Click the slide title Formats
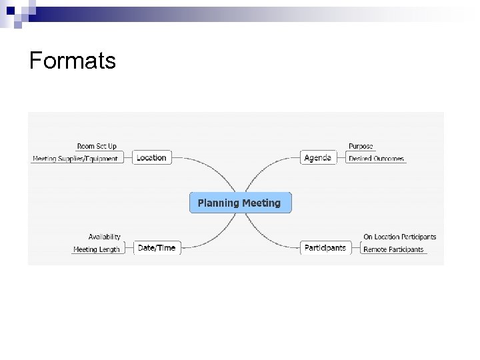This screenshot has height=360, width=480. click(x=73, y=61)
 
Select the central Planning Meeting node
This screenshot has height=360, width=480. click(x=241, y=203)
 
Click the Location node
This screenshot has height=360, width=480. click(x=151, y=158)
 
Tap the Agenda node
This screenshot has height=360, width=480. click(x=317, y=158)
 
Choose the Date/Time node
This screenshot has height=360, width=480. click(x=157, y=248)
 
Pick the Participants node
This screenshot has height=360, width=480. click(x=325, y=248)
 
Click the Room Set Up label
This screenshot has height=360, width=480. click(x=97, y=146)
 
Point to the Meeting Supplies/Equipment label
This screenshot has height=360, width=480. click(x=75, y=159)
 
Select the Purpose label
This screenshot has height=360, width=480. click(x=361, y=146)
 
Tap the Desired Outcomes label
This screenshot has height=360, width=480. click(x=376, y=159)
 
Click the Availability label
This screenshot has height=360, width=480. click(x=105, y=237)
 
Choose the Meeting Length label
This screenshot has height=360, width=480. click(x=97, y=249)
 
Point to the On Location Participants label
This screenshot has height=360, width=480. click(x=399, y=237)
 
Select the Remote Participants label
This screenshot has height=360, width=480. click(x=393, y=249)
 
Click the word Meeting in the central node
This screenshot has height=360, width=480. click(x=261, y=203)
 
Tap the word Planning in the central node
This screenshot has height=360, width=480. click(x=219, y=203)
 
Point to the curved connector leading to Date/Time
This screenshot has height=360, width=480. click(x=207, y=237)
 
